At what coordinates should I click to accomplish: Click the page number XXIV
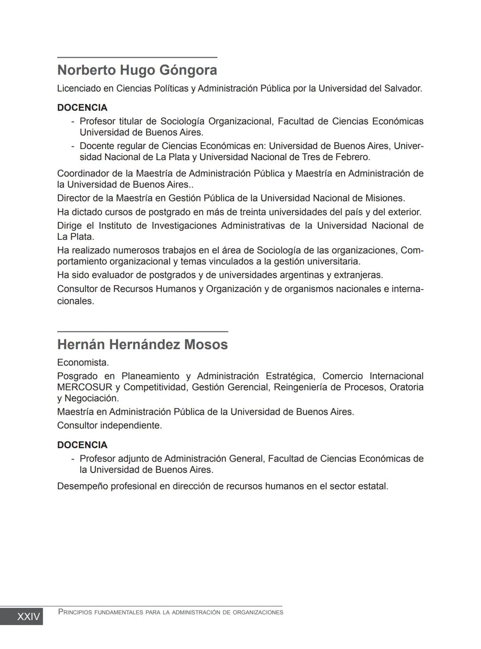(28, 617)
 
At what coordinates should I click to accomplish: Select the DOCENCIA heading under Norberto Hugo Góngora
(82, 108)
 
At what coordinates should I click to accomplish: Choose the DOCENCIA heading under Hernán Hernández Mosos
(82, 445)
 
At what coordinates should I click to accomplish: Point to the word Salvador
(402, 89)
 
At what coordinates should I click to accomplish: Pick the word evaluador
(112, 275)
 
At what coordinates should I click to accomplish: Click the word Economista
(83, 363)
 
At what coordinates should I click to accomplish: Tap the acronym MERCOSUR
(85, 387)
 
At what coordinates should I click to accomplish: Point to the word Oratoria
(406, 387)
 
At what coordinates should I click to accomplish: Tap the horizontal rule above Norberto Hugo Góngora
(137, 57)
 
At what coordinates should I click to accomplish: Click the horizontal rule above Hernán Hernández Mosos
(143, 331)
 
